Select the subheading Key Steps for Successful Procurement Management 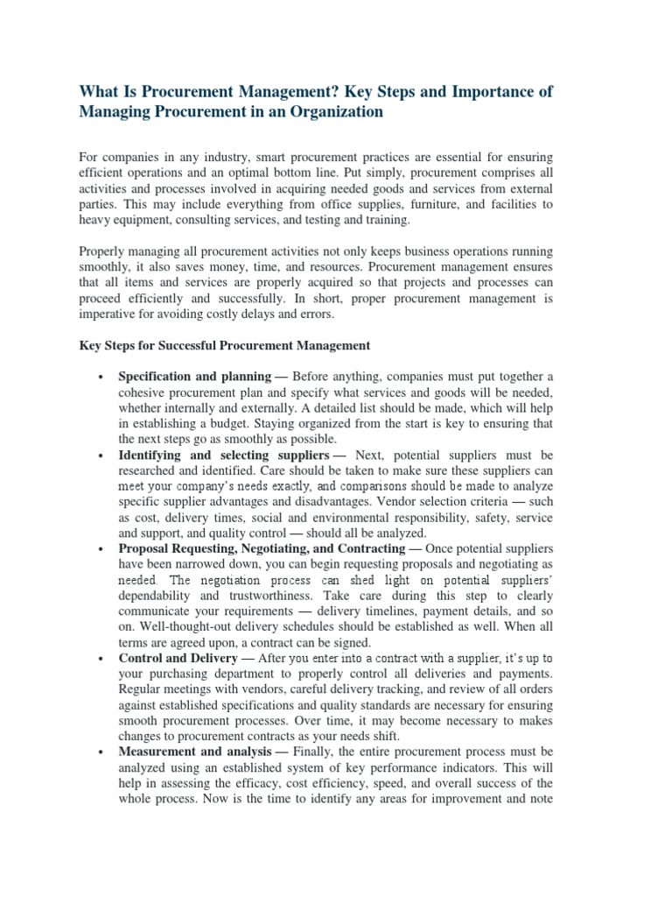[x=224, y=345]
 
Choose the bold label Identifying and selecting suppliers [x=223, y=456]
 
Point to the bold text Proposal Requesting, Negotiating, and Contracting [x=262, y=548]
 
